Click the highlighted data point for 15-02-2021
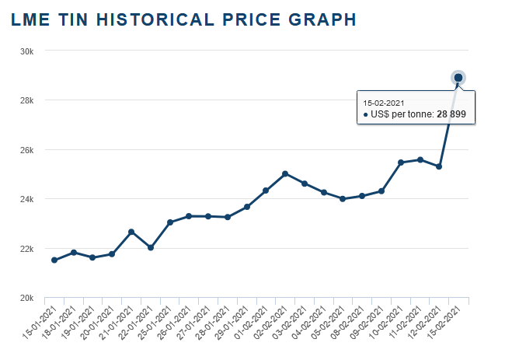[458, 77]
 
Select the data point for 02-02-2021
[285, 173]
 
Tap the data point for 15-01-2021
[54, 260]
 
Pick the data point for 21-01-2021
[131, 232]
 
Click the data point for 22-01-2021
[151, 247]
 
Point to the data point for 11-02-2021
[420, 159]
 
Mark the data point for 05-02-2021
[343, 198]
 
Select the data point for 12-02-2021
[439, 166]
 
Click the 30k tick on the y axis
[26, 51]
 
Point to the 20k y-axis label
[26, 298]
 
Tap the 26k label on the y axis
[26, 150]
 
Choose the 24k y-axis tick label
[26, 199]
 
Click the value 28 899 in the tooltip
[451, 114]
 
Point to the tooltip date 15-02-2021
[384, 102]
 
